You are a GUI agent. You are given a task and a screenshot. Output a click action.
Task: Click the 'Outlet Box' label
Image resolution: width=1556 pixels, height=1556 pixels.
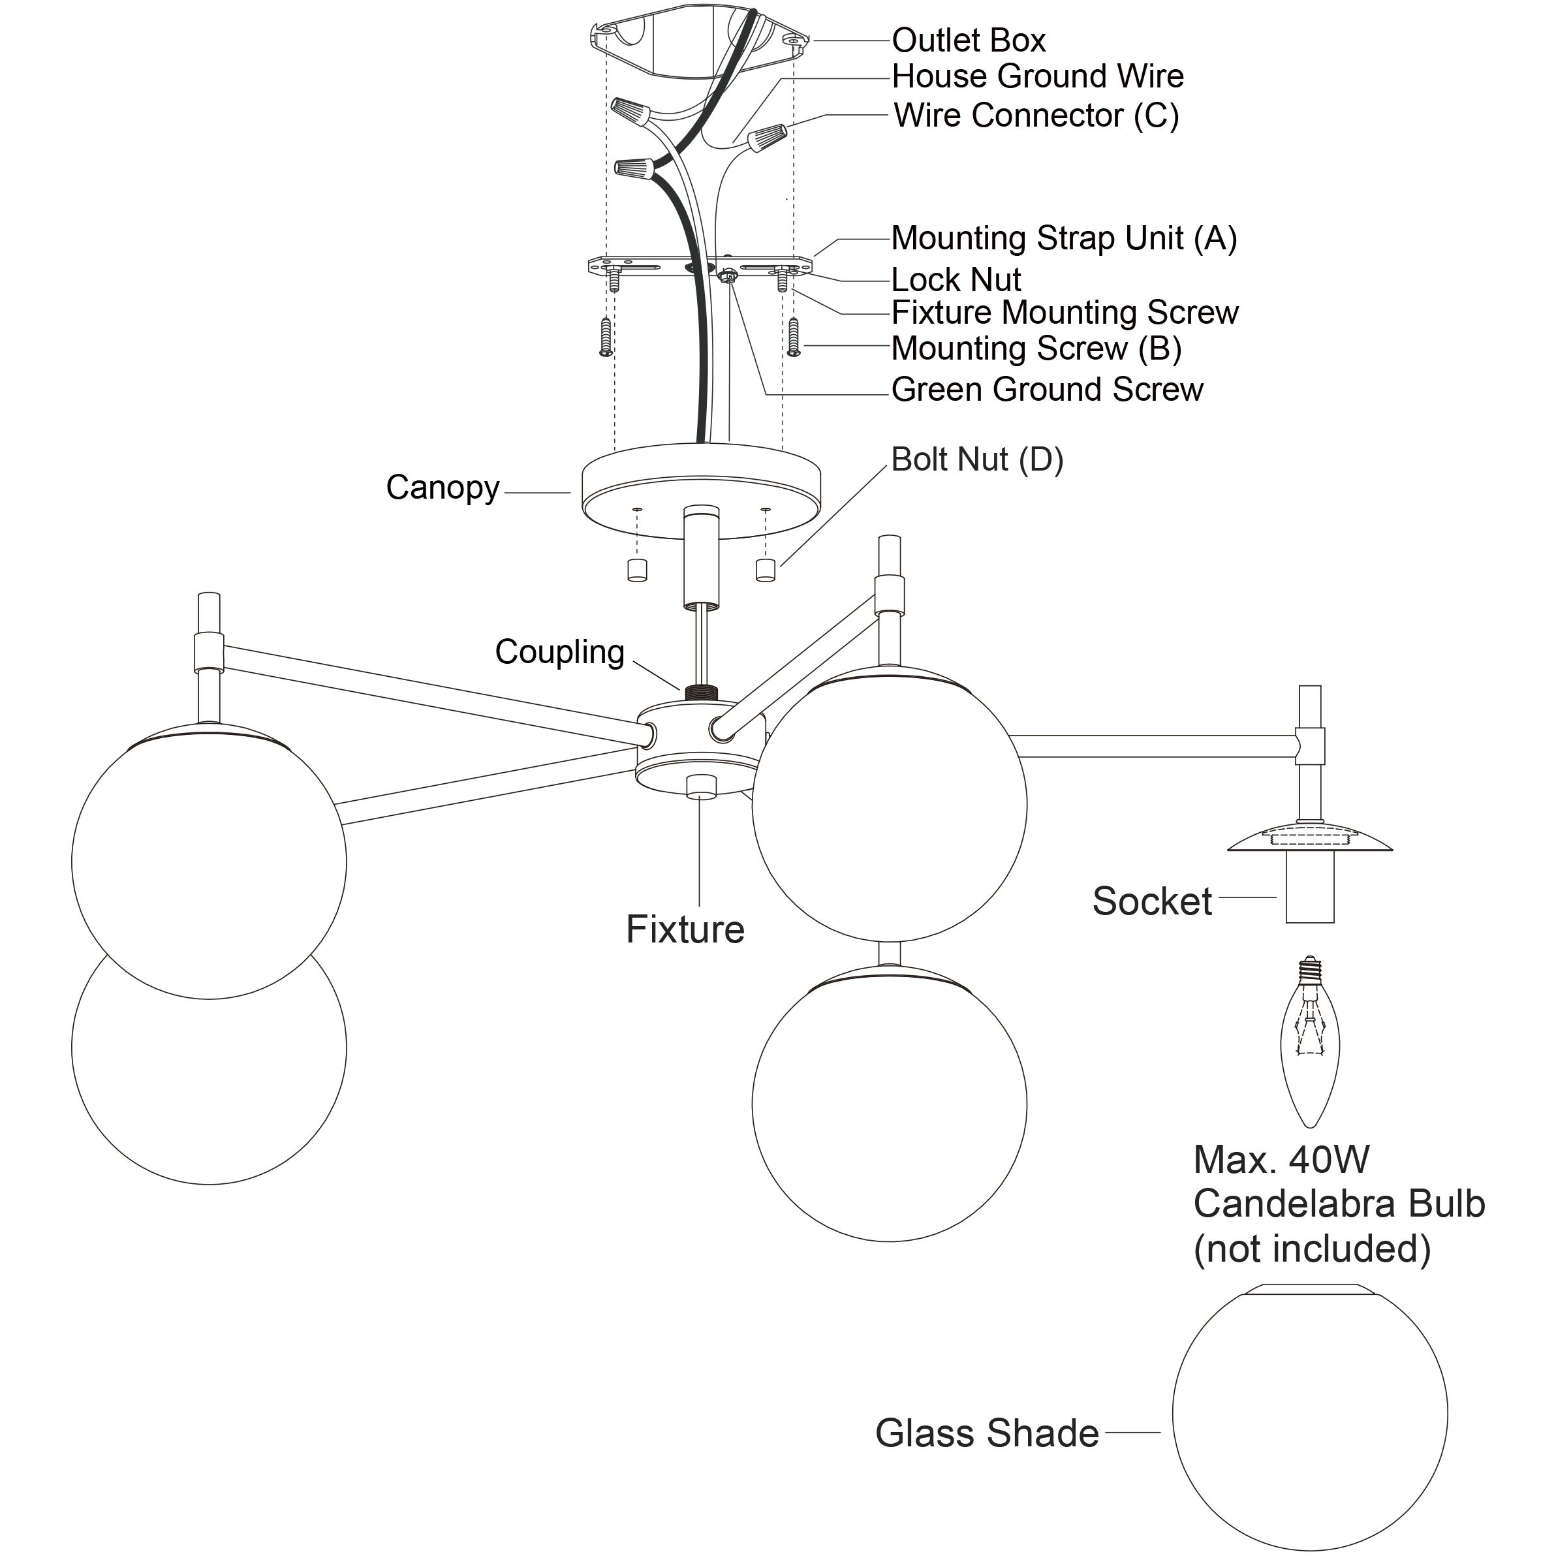(x=968, y=40)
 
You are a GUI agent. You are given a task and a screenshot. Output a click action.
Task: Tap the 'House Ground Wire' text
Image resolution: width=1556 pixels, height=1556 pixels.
(x=1037, y=76)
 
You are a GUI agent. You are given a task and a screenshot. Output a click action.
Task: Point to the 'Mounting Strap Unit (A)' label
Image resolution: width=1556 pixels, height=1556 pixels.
(x=1063, y=238)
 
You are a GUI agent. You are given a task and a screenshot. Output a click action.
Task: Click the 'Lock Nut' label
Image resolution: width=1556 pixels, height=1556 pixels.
(x=956, y=280)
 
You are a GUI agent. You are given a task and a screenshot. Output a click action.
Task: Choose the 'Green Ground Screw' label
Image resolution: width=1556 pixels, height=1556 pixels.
(x=1047, y=390)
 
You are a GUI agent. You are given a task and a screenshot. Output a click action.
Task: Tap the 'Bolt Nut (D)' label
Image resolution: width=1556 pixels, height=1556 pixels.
(x=977, y=460)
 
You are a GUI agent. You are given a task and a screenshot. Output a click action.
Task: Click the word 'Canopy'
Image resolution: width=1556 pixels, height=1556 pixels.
(x=442, y=488)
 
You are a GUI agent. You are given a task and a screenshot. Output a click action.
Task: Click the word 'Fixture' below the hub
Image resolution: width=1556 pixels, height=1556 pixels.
(x=685, y=930)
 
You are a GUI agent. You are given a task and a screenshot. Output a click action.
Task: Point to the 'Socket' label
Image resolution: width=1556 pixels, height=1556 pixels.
(x=1152, y=901)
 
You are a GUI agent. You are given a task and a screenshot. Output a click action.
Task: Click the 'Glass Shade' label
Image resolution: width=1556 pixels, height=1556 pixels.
(x=987, y=1433)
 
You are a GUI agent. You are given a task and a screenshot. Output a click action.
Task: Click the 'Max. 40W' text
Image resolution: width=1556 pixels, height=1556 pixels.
(x=1281, y=1160)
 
